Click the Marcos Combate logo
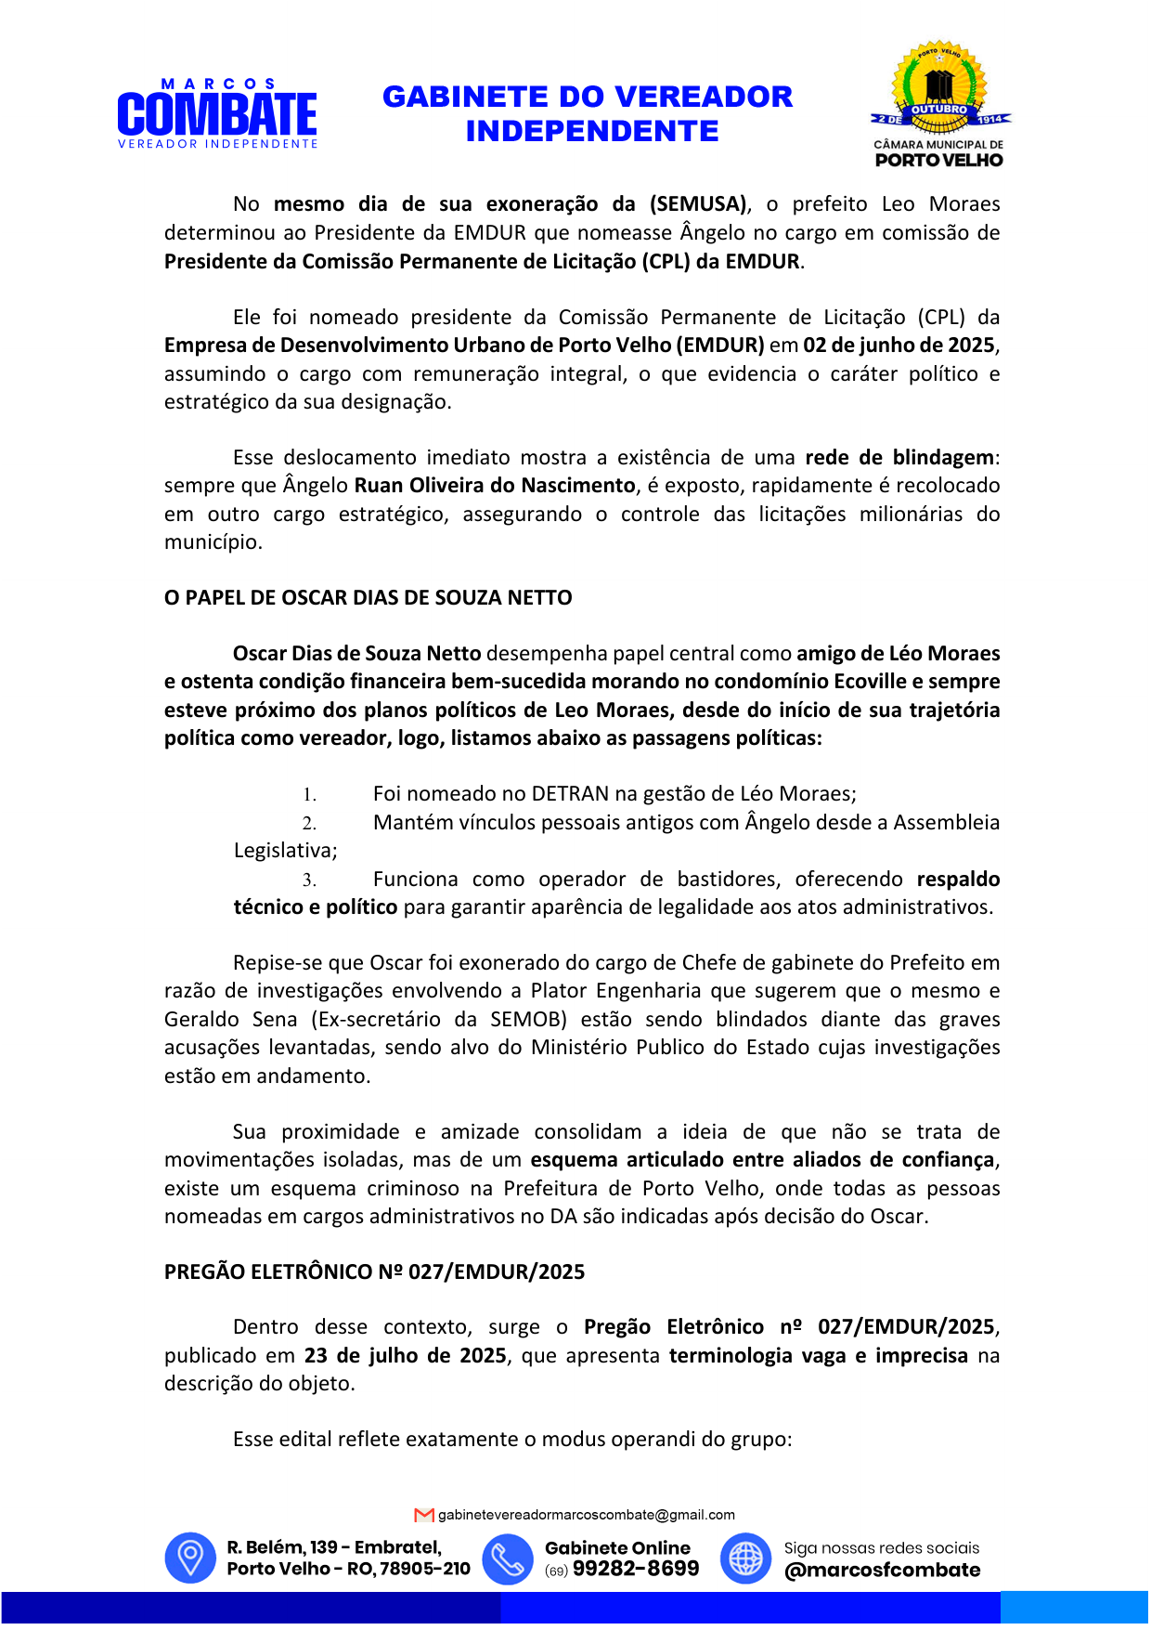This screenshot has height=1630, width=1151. click(217, 114)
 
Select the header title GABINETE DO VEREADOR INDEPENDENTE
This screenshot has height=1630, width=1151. click(588, 113)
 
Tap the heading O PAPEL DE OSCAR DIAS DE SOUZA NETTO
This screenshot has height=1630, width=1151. click(368, 598)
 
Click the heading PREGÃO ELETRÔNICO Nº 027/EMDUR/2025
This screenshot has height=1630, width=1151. click(374, 1272)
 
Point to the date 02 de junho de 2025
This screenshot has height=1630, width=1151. click(899, 346)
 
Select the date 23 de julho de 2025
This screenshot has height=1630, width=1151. click(406, 1356)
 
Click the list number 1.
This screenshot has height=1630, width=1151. click(309, 795)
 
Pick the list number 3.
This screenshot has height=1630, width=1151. click(309, 880)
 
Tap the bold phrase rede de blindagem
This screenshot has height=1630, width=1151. click(899, 458)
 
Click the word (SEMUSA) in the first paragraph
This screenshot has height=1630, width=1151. click(699, 204)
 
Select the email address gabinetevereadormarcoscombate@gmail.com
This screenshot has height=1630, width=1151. click(586, 1515)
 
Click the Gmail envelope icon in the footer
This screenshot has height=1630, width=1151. click(424, 1515)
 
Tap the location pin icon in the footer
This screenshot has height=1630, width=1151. click(190, 1558)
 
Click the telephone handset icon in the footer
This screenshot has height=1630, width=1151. click(508, 1558)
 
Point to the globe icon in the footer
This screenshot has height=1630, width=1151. click(745, 1558)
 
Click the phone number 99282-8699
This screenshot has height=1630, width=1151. click(636, 1569)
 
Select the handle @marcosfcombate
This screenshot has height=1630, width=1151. click(882, 1571)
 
